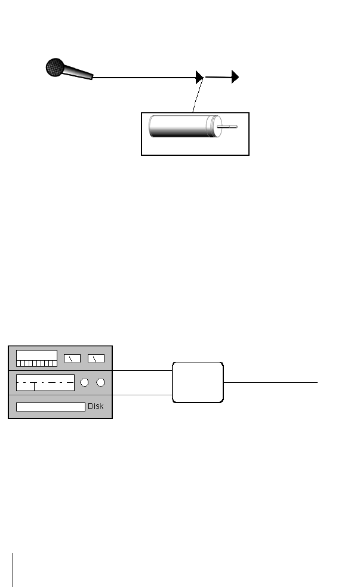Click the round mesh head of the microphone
point(55,66)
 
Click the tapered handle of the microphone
point(78,73)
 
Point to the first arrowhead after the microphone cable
point(200,76)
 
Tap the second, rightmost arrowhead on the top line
point(236,76)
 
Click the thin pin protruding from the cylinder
point(229,127)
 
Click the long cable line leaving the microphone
point(143,77)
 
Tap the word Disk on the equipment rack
point(96,406)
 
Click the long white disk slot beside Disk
point(50,407)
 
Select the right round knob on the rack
point(101,382)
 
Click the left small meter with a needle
point(72,358)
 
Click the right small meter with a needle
point(96,358)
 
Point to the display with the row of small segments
point(36,358)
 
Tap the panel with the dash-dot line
point(45,382)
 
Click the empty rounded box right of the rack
point(198,382)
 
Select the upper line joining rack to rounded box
point(142,371)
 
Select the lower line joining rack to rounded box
point(142,395)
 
